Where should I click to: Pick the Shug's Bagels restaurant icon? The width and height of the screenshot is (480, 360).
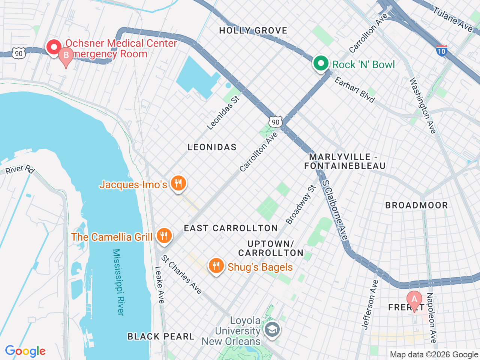coord(216,266)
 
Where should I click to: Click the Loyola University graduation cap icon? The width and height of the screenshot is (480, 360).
coord(271,330)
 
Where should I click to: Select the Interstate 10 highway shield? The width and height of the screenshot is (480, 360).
coord(442,51)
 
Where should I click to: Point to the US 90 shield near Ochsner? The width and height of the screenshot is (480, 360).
coord(18,54)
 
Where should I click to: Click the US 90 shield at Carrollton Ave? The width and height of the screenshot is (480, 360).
coord(276,122)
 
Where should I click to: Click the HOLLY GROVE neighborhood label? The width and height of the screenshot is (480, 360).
coord(253,31)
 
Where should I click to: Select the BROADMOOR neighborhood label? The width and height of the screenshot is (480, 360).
coord(416,205)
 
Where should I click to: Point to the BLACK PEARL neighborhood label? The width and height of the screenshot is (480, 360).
coord(161,336)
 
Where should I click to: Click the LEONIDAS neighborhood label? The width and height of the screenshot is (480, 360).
coord(212,147)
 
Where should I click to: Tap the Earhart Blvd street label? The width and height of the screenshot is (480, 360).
coord(354,90)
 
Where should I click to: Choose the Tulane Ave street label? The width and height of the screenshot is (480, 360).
coord(453,19)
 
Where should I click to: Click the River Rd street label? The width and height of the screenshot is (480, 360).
coord(20,169)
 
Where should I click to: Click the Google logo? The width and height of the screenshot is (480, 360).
coord(25,351)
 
